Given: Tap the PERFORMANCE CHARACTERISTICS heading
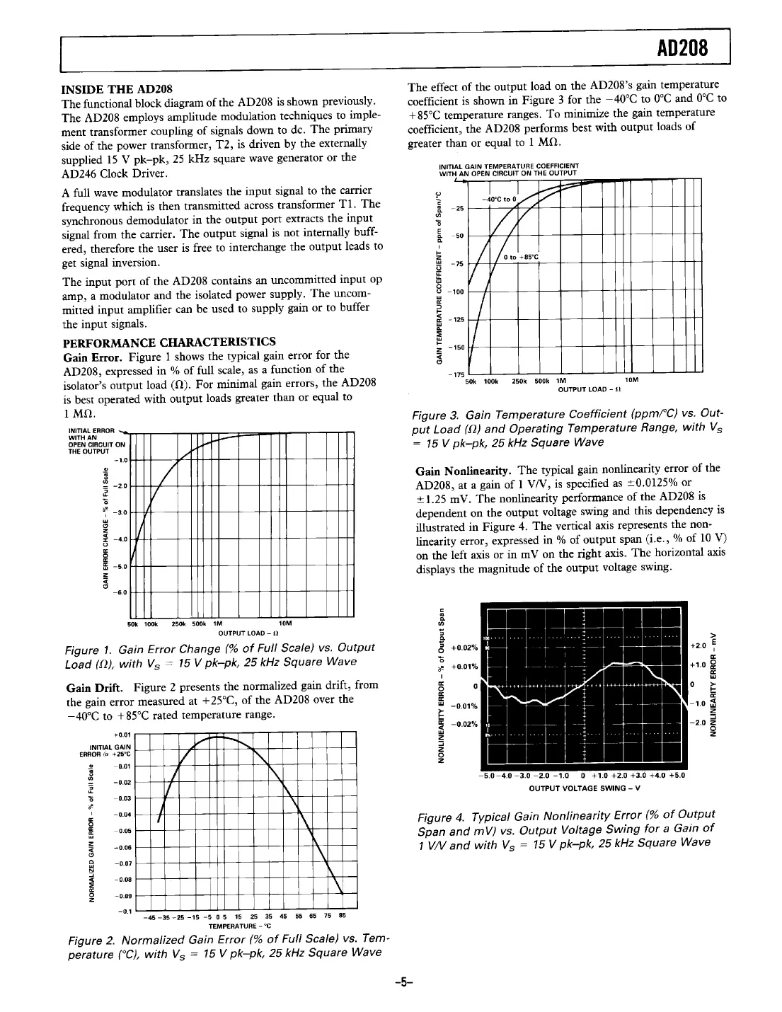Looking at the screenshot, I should (x=169, y=342).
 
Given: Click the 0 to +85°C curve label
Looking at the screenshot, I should (x=521, y=256).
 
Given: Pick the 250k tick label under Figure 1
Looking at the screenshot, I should (x=179, y=623).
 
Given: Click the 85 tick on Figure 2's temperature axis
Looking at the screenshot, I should (x=343, y=916).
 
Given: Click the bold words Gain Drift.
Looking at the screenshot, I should (x=94, y=685).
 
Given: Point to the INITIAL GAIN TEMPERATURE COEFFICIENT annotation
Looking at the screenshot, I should (x=509, y=167).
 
